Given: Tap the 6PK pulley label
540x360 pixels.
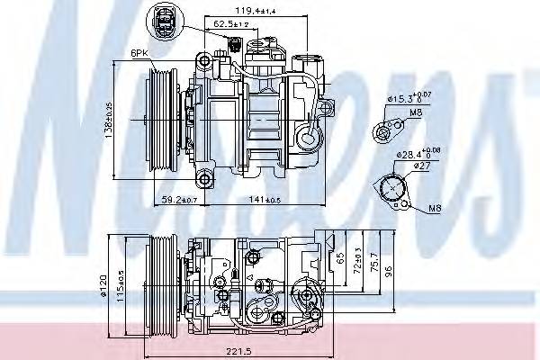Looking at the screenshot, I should click(x=139, y=53).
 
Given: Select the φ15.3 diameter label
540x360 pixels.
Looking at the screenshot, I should click(x=397, y=96).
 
